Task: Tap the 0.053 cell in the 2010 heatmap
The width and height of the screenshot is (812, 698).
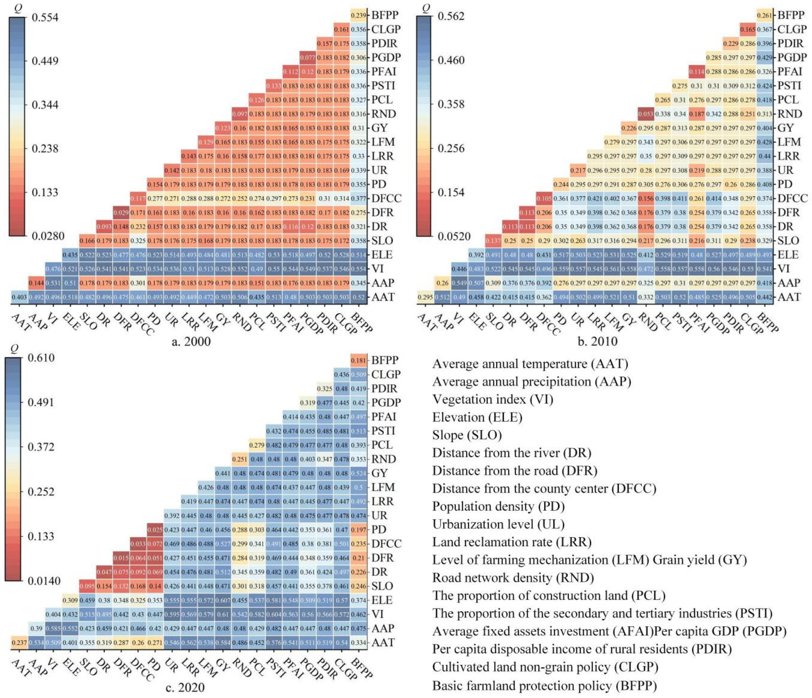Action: click(645, 114)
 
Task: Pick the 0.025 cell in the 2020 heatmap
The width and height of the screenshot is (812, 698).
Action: click(155, 530)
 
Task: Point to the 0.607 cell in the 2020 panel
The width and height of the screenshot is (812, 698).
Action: click(223, 600)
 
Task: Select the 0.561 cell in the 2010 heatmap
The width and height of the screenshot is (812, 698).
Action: click(612, 269)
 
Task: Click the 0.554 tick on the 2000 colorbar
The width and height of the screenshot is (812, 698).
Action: click(45, 18)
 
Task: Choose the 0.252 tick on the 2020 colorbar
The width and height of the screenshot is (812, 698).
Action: click(41, 492)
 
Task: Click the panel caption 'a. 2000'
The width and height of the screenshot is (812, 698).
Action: click(191, 342)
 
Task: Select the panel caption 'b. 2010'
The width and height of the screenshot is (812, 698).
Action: click(597, 341)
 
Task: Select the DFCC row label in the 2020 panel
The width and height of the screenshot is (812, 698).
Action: click(386, 544)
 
